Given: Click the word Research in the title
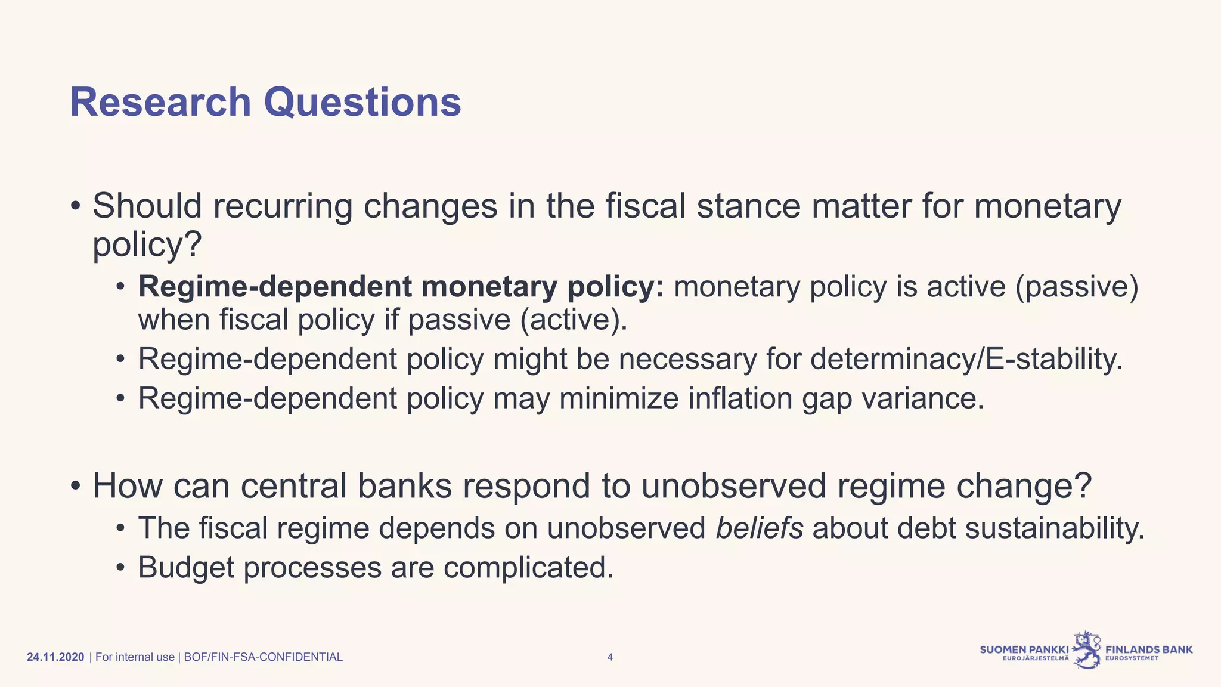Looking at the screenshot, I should [x=160, y=102].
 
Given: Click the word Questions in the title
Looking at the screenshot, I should [x=362, y=102].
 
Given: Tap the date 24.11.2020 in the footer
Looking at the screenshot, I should [x=55, y=657].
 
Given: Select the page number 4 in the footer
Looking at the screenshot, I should [x=610, y=657].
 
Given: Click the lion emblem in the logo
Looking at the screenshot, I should [x=1087, y=650].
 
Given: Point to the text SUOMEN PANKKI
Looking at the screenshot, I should [x=1024, y=649].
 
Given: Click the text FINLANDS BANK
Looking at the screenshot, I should [x=1149, y=649].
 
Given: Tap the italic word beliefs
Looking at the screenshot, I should [x=759, y=528].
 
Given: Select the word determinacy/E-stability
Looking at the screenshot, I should [x=966, y=360].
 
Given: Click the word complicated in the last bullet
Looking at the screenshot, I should [x=528, y=567].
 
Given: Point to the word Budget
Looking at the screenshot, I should [x=186, y=567].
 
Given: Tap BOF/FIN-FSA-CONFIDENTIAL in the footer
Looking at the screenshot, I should [x=263, y=657].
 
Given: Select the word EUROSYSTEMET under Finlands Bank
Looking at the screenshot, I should [x=1132, y=659].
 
